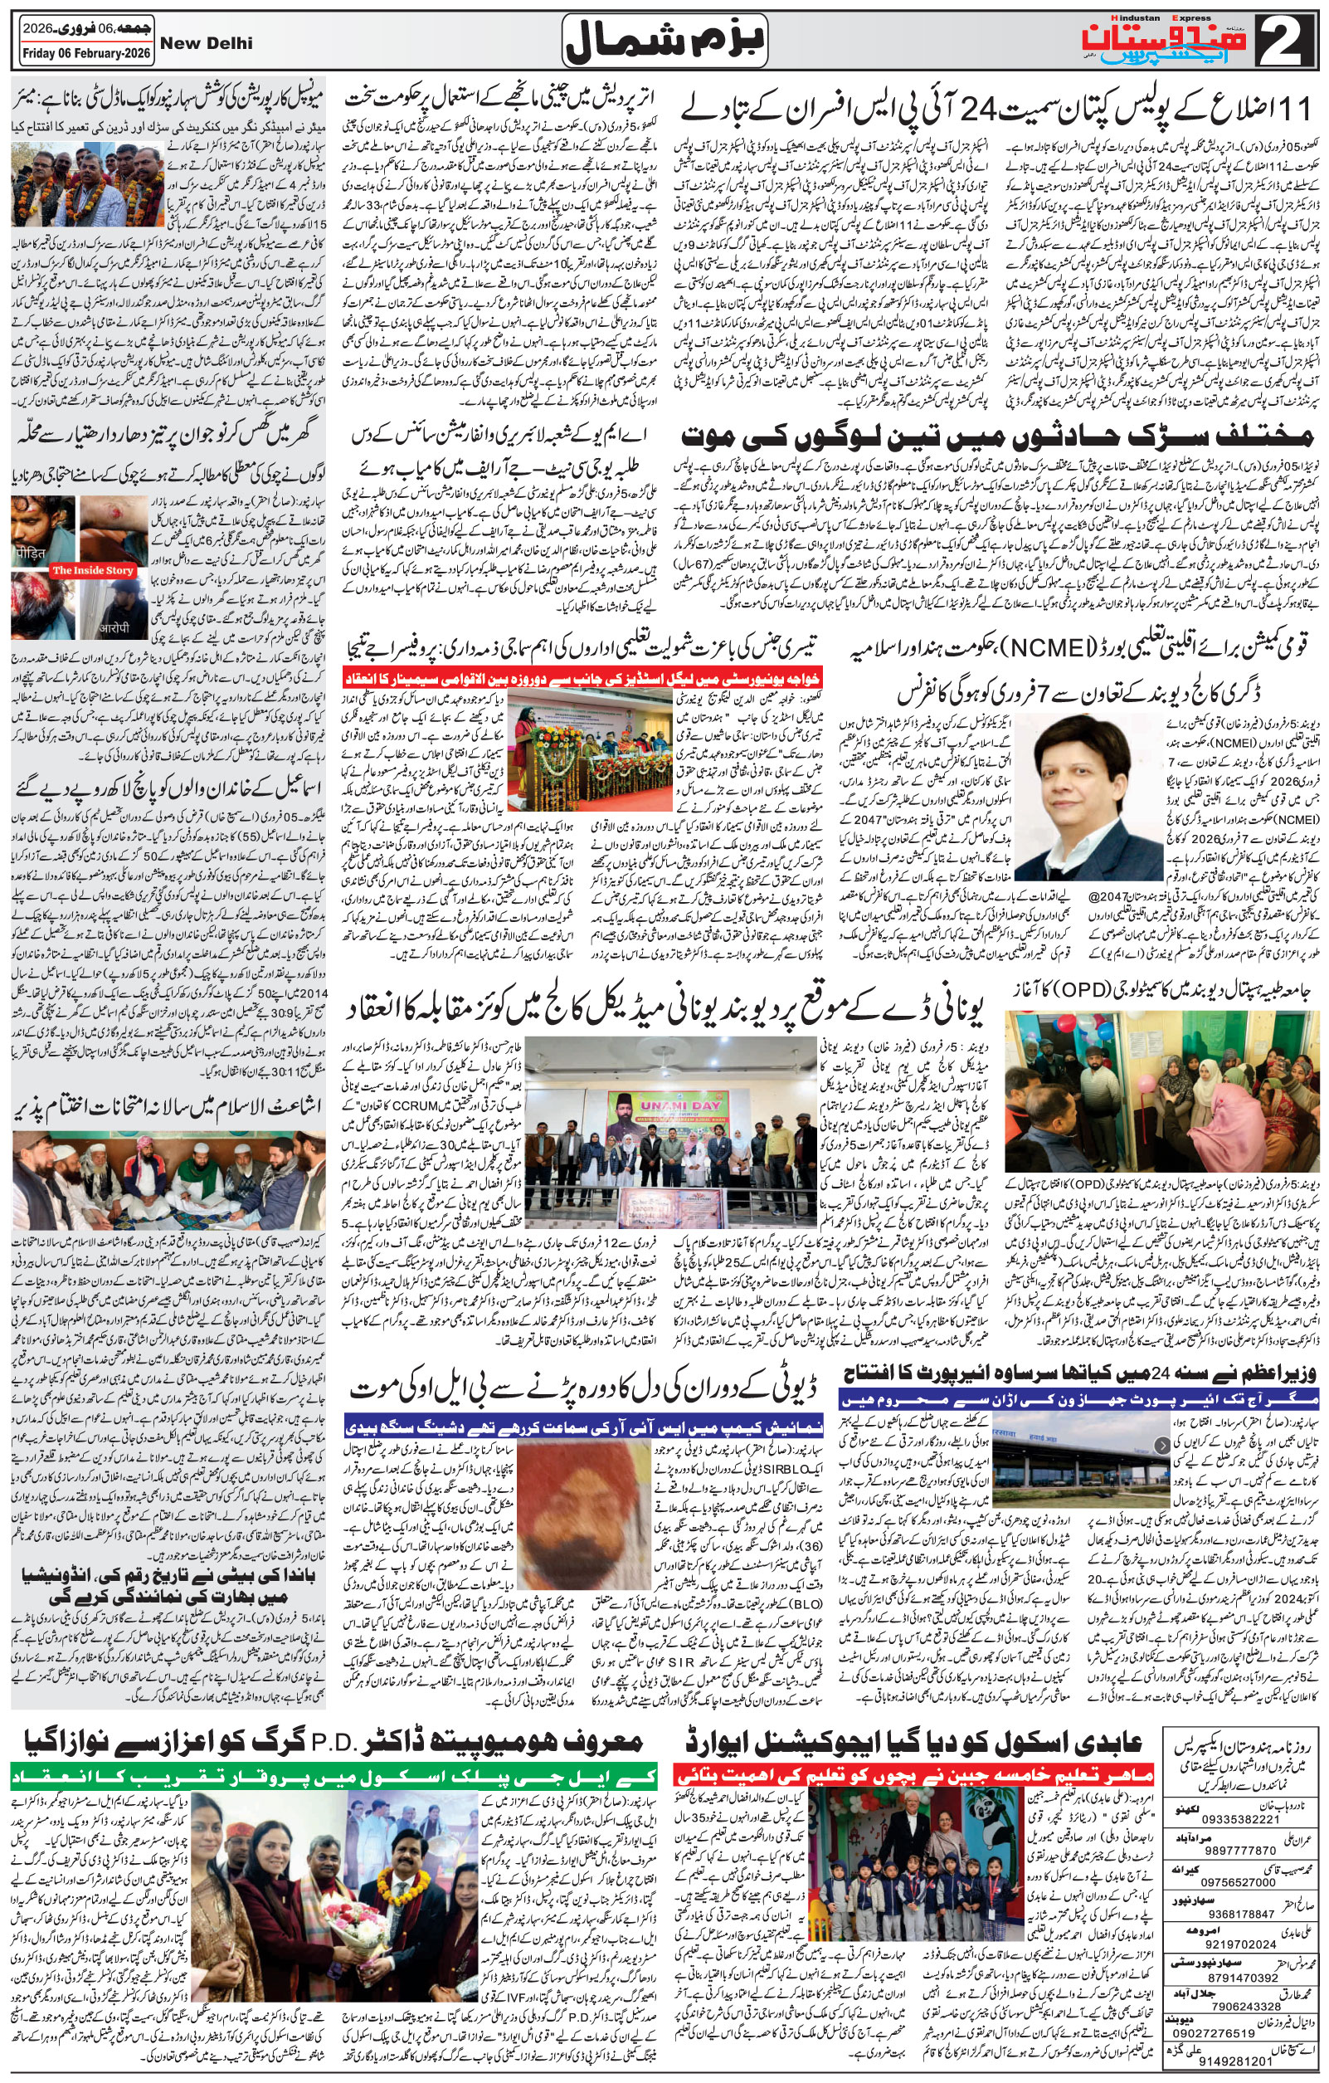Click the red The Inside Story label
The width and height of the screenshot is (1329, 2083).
click(x=93, y=570)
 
